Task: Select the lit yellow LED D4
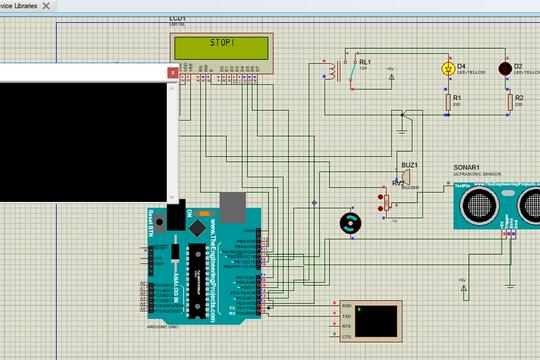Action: tap(447, 69)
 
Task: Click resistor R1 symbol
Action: tap(447, 100)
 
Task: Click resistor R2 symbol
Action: tap(507, 100)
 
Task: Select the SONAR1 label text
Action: tap(467, 167)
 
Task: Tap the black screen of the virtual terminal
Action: tap(381, 319)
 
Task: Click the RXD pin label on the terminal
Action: tap(346, 305)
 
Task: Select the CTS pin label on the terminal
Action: tap(346, 335)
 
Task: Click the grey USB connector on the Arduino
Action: tap(232, 206)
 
